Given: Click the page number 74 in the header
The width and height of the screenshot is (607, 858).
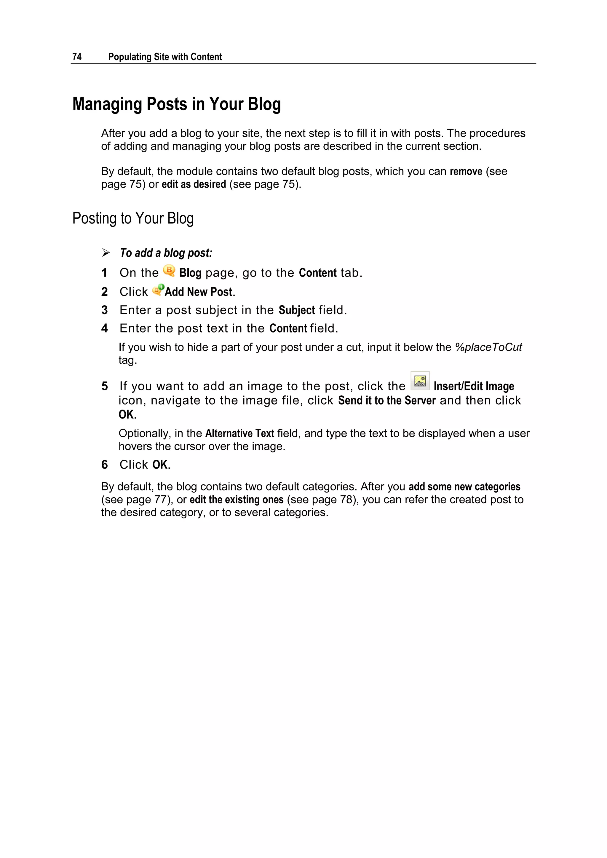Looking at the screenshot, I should point(77,57).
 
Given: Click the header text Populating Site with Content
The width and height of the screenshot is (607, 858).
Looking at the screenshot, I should point(165,57).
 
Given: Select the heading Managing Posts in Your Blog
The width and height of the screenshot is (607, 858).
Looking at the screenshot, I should point(176,104).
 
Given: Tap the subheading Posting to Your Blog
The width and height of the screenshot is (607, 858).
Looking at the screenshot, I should point(133,219).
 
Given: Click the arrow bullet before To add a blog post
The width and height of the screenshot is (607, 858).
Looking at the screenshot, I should point(106,253).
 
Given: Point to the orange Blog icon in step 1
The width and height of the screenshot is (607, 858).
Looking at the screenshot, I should point(169,271).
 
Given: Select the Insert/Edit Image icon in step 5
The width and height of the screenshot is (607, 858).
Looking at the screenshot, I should point(420,381).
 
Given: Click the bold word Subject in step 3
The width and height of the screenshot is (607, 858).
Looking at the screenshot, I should point(297,310).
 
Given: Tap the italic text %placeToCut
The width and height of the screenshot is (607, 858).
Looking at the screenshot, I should point(488,347).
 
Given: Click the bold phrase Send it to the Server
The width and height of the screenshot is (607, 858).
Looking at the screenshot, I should point(387,401).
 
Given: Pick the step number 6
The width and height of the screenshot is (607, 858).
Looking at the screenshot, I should point(105,465).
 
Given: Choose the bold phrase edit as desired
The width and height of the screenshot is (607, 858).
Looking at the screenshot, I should point(194,184).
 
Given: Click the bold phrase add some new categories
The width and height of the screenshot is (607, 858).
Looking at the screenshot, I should point(464,487).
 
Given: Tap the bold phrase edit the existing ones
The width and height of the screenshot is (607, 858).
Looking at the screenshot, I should point(237,500).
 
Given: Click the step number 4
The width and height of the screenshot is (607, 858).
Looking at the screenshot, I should point(105,328).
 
